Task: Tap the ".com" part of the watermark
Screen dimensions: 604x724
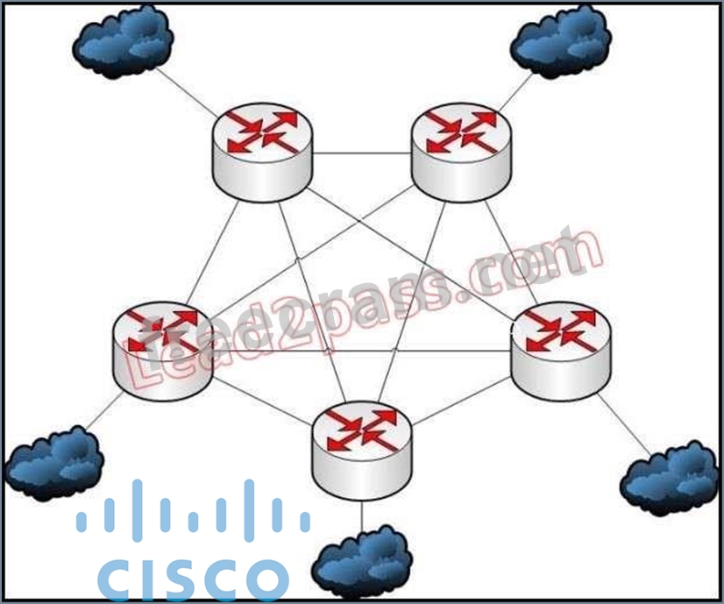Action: tap(526, 263)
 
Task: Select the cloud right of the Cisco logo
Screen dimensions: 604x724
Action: tap(362, 561)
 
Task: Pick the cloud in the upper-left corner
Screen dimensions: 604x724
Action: tap(123, 39)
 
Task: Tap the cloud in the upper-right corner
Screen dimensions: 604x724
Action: tap(561, 39)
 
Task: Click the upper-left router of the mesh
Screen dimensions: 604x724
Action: tap(261, 153)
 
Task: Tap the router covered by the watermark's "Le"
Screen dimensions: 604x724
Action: tap(162, 351)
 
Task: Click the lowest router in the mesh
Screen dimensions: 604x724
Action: tap(361, 447)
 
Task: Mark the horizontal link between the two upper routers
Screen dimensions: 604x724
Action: tap(361, 154)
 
